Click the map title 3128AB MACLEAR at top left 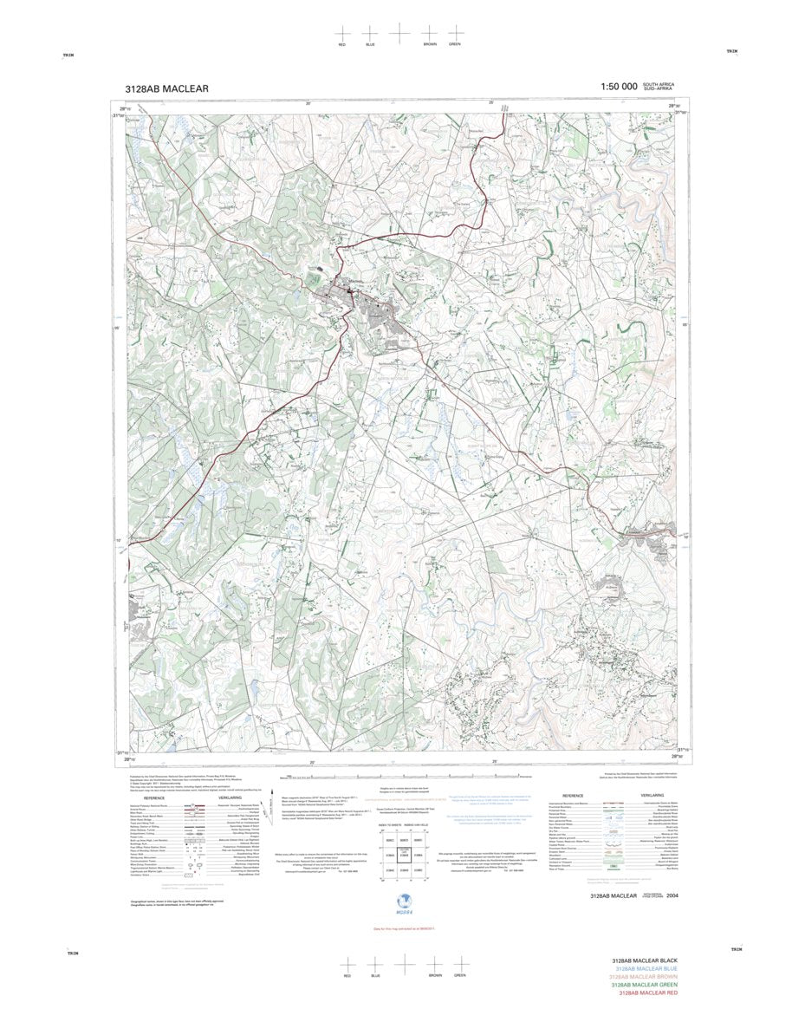166,88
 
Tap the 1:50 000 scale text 613,87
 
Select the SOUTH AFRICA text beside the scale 653,84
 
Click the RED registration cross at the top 343,33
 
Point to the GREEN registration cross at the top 455,33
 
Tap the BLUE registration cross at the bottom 375,964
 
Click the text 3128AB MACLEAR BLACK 644,961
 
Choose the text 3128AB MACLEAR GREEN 644,985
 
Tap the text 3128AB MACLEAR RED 648,993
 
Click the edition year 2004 685,895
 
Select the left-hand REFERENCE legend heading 153,797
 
